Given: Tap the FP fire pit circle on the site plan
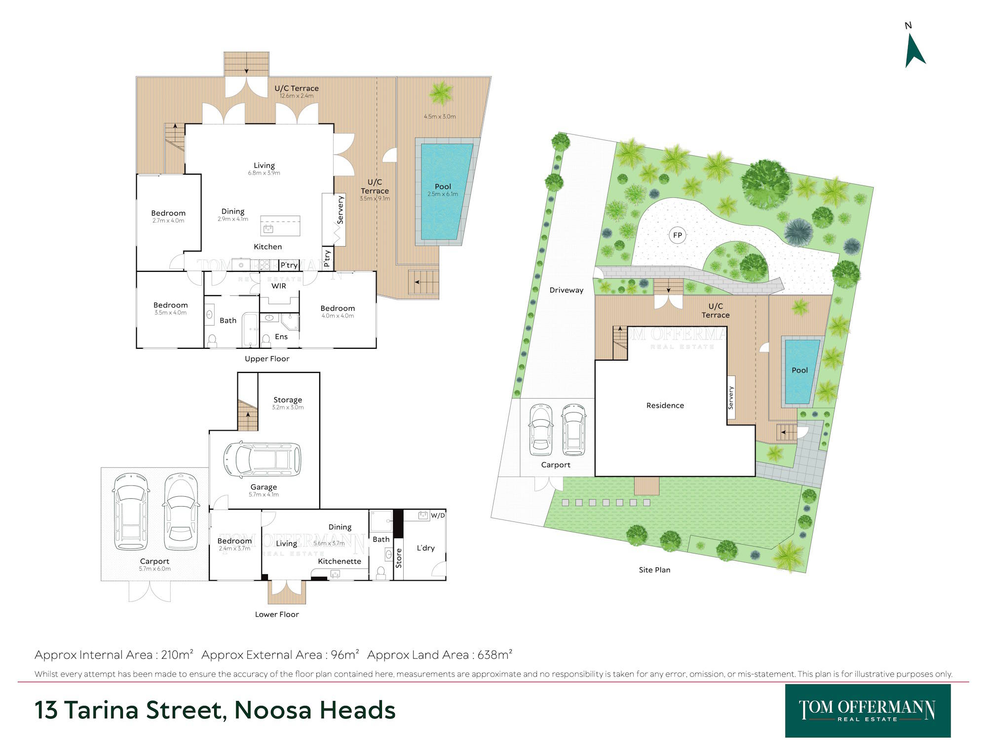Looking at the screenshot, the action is [x=678, y=235].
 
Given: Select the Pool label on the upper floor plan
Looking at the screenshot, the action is [x=443, y=186].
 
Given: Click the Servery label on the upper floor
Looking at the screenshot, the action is [x=340, y=210].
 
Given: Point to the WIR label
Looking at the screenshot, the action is [x=279, y=286].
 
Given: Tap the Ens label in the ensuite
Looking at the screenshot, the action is [x=281, y=336].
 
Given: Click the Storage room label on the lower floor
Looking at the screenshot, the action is [x=288, y=400].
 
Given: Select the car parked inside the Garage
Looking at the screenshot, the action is [x=262, y=459].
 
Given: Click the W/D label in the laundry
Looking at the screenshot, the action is [x=438, y=516].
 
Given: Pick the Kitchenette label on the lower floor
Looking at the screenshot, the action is [x=340, y=561].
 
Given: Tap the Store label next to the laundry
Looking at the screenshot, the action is [x=399, y=558].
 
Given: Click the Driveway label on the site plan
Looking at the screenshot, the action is [x=567, y=290].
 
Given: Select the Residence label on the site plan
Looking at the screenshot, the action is [x=665, y=406].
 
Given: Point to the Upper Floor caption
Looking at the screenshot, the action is [x=267, y=359].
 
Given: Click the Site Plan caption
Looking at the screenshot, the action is [x=654, y=570].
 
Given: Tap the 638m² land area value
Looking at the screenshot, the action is [x=495, y=655].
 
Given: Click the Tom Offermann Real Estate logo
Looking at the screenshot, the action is [x=868, y=711].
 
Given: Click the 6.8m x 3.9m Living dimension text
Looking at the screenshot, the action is [x=264, y=173].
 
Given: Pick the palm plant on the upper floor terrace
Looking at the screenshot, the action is [x=441, y=93].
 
